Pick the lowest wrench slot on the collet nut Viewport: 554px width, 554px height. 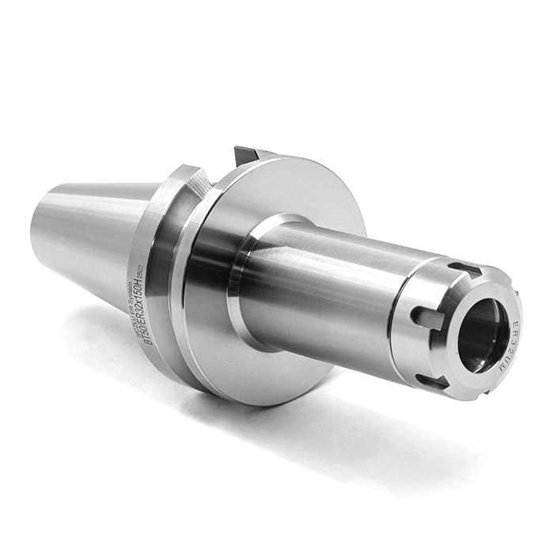coord(432,381)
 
